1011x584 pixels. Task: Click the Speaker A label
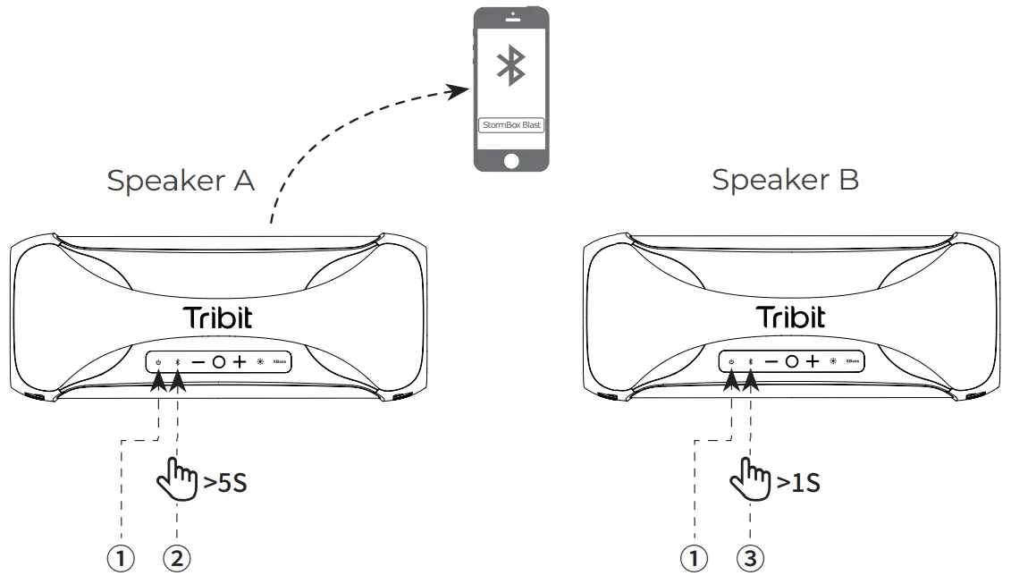pos(181,181)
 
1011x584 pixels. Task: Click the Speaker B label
pos(785,181)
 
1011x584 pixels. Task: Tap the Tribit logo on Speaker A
pos(217,317)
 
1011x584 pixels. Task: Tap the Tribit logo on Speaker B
pos(791,317)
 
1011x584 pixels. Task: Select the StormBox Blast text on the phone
pos(510,125)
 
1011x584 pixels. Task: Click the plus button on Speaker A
pos(239,362)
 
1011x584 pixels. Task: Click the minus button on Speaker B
pos(771,362)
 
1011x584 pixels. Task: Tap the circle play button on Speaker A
pos(218,362)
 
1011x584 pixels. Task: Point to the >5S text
pos(224,484)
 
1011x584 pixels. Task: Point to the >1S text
pos(797,484)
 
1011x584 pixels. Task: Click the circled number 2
pos(177,559)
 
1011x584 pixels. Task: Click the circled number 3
pos(750,559)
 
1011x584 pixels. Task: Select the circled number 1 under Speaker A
pos(121,559)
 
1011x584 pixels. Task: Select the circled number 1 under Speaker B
pos(694,559)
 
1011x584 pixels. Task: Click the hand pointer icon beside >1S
pos(750,481)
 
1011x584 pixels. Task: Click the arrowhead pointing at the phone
pos(459,89)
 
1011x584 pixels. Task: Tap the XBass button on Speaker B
pos(853,362)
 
